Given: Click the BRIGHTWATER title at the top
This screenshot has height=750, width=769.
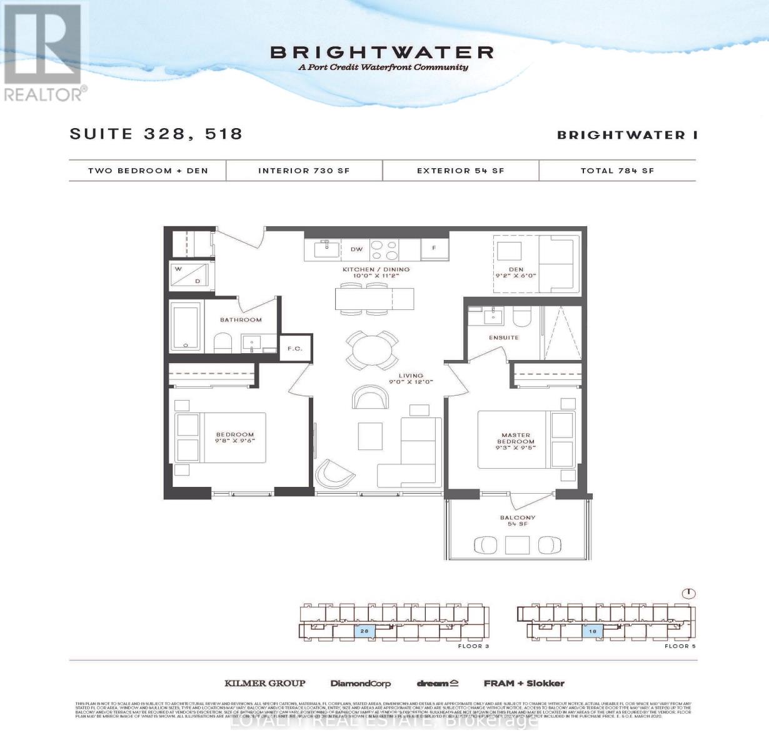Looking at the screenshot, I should tap(382, 52).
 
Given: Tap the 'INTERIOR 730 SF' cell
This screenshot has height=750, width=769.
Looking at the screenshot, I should tap(304, 170).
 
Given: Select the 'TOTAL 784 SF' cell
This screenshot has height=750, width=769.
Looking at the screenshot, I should tap(617, 170).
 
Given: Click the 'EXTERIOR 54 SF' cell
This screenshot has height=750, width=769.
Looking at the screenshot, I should tap(460, 170).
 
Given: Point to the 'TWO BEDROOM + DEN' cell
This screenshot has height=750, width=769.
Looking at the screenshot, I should tap(148, 170).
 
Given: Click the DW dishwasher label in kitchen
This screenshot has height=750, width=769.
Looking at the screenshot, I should tap(356, 249).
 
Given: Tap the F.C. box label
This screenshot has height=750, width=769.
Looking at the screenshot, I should tap(294, 349).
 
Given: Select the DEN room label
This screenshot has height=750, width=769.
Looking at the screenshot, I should tap(516, 272).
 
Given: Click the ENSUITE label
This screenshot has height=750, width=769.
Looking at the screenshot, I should tap(504, 337).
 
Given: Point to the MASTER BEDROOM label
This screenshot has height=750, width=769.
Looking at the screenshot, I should tap(516, 438).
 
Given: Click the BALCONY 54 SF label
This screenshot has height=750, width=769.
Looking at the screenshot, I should tap(517, 521).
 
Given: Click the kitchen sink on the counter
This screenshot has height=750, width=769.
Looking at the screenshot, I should tap(324, 249).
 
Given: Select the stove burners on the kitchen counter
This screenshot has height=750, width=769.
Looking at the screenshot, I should tap(384, 250).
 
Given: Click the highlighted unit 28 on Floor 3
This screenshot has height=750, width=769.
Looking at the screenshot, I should tap(364, 631).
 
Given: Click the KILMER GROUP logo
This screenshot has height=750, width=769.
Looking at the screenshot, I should tap(265, 683).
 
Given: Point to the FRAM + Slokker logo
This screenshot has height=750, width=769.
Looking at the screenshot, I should tap(524, 683).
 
